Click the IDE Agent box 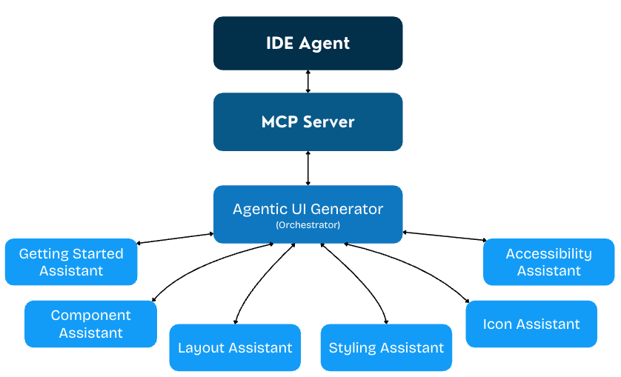point(308,43)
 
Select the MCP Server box point(308,121)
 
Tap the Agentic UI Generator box point(308,213)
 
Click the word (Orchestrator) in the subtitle point(308,224)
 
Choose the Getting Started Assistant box point(71,262)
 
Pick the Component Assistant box point(90,324)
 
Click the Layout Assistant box point(235,347)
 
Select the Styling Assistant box point(386,347)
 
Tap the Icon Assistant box point(531,324)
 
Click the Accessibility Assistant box point(548,262)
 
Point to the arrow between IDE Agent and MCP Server point(308,81)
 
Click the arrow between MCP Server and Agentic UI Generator point(308,168)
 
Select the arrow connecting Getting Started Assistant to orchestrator point(176,238)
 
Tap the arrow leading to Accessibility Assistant point(445,236)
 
